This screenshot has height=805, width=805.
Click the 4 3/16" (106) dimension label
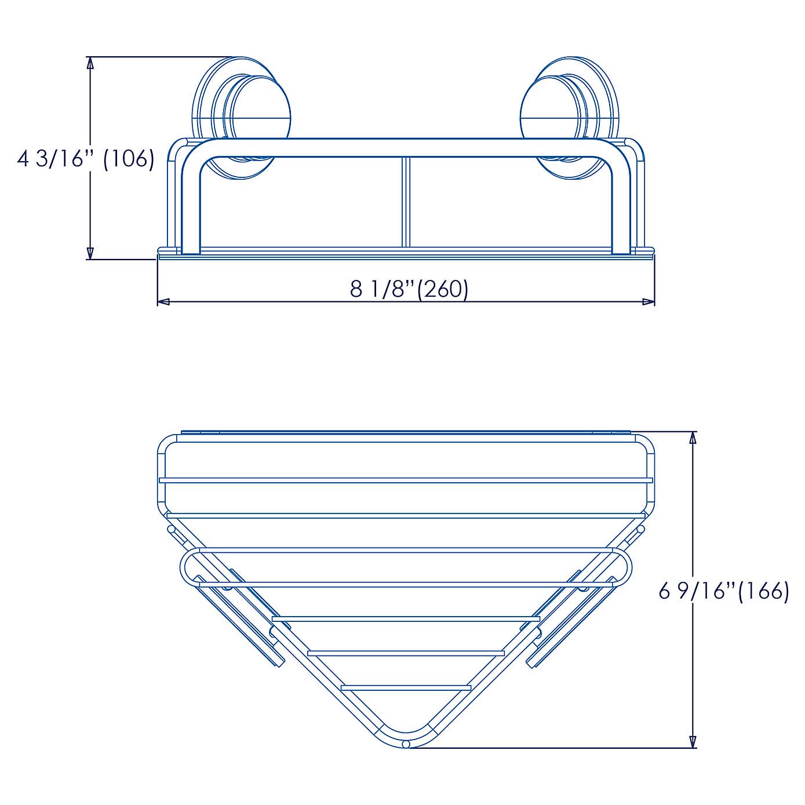tap(86, 158)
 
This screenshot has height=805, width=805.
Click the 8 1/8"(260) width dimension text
tap(409, 288)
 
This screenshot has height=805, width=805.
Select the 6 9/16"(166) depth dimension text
tap(724, 591)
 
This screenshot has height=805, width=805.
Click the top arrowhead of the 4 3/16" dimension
tap(90, 63)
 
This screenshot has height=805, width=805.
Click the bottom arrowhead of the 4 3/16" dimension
tap(90, 253)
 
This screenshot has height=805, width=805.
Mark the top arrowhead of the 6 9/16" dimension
tap(692, 438)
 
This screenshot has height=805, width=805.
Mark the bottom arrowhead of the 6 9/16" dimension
tap(692, 741)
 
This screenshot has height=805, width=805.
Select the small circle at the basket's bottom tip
tap(406, 744)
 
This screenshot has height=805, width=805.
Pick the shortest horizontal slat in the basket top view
tap(406, 687)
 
